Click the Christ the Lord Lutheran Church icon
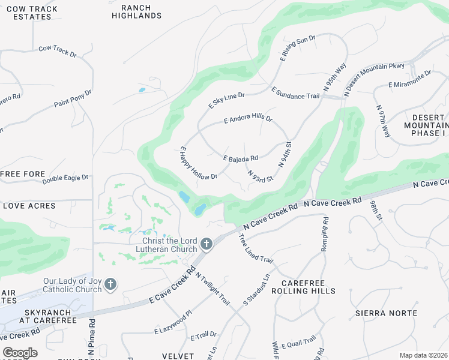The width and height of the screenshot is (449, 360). pyautogui.click(x=206, y=244)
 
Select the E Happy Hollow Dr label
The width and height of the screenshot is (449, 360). pyautogui.click(x=199, y=163)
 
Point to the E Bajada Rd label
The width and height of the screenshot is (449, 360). pyautogui.click(x=240, y=158)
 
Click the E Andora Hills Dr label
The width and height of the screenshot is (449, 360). pyautogui.click(x=248, y=119)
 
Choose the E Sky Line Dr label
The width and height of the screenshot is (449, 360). pyautogui.click(x=226, y=100)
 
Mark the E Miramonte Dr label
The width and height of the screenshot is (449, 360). pyautogui.click(x=410, y=79)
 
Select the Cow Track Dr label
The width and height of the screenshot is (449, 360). pyautogui.click(x=58, y=51)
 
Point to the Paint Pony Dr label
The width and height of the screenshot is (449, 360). pyautogui.click(x=73, y=98)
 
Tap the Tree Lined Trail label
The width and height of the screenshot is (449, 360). pyautogui.click(x=256, y=248)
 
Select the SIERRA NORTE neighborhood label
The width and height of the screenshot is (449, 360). pyautogui.click(x=386, y=313)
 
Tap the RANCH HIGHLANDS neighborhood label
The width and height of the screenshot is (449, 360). pyautogui.click(x=136, y=11)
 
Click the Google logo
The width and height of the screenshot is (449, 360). pyautogui.click(x=20, y=353)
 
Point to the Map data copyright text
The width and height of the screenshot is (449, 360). pyautogui.click(x=423, y=355)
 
